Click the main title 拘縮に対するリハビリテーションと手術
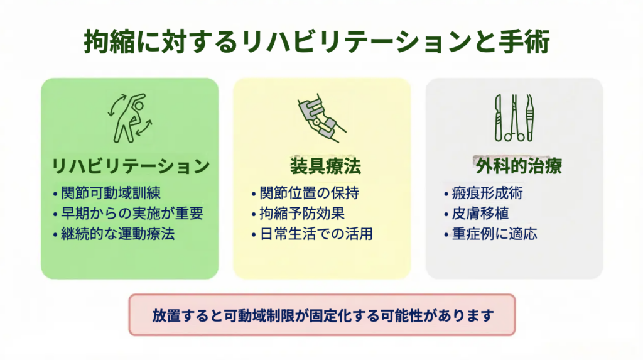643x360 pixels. [x=316, y=41]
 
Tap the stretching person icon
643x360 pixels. [x=129, y=118]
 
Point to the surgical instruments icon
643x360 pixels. [x=514, y=118]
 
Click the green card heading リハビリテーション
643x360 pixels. [x=131, y=166]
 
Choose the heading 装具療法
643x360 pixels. [x=325, y=166]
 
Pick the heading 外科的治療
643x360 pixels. [x=518, y=166]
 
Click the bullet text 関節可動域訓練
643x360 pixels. [x=111, y=193]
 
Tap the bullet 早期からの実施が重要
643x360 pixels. [x=132, y=214]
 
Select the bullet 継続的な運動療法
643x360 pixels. [x=117, y=234]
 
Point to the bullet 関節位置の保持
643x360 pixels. [x=309, y=193]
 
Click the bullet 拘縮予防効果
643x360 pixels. [x=302, y=214]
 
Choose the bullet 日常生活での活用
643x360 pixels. [x=316, y=234]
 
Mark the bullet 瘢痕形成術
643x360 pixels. [x=487, y=193]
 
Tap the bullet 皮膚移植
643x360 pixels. [x=480, y=214]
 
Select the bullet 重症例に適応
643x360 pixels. [x=494, y=234]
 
